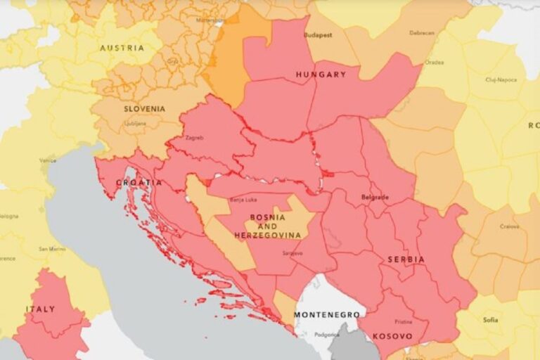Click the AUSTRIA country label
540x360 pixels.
(122, 49)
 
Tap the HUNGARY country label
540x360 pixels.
(321, 75)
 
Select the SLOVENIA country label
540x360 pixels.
(145, 109)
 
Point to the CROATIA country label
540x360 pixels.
(139, 183)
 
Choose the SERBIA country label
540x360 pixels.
(406, 259)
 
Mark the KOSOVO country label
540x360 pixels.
(392, 336)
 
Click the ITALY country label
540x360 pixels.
(40, 309)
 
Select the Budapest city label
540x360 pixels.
(317, 34)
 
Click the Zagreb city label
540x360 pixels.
(194, 138)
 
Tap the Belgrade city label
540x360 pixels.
(374, 198)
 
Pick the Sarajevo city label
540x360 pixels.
(292, 253)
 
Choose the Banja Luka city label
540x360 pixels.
(243, 200)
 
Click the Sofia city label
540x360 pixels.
(490, 320)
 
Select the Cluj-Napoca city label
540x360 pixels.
(501, 79)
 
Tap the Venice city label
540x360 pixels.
(48, 161)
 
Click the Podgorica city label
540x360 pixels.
(326, 335)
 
